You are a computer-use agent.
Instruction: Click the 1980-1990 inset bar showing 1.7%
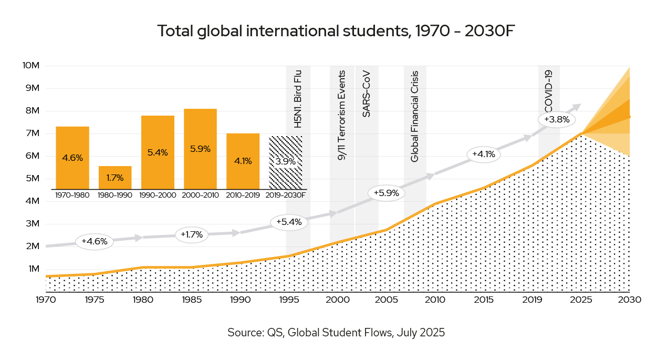pyautogui.click(x=115, y=178)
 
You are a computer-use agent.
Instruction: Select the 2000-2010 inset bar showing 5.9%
pyautogui.click(x=200, y=149)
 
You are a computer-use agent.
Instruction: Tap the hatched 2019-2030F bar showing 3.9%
pyautogui.click(x=286, y=162)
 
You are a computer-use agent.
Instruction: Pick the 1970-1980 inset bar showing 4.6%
pyautogui.click(x=72, y=157)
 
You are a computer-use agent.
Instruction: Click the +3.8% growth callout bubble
pyautogui.click(x=557, y=119)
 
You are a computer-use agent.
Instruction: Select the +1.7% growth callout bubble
pyautogui.click(x=192, y=234)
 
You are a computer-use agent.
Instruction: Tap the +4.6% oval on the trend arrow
pyautogui.click(x=95, y=242)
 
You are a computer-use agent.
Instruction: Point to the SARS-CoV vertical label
pyautogui.click(x=366, y=94)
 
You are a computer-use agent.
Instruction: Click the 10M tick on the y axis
pyautogui.click(x=31, y=66)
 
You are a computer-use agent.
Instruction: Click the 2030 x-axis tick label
pyautogui.click(x=629, y=300)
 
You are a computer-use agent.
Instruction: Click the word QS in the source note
pyautogui.click(x=274, y=333)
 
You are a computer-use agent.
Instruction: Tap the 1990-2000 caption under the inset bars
pyautogui.click(x=158, y=195)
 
